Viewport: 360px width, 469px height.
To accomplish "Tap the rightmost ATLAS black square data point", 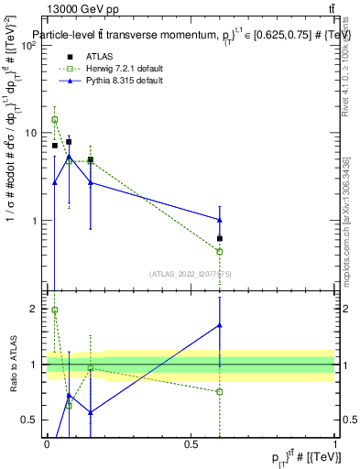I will point(220,238).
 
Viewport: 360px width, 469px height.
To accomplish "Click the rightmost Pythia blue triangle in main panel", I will point(220,219).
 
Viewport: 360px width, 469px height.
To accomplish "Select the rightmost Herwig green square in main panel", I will point(220,251).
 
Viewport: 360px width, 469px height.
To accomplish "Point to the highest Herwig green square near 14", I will point(55,119).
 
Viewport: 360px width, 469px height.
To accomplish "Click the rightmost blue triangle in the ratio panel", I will point(220,325).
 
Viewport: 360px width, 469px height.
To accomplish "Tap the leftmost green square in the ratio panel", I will point(55,311).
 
